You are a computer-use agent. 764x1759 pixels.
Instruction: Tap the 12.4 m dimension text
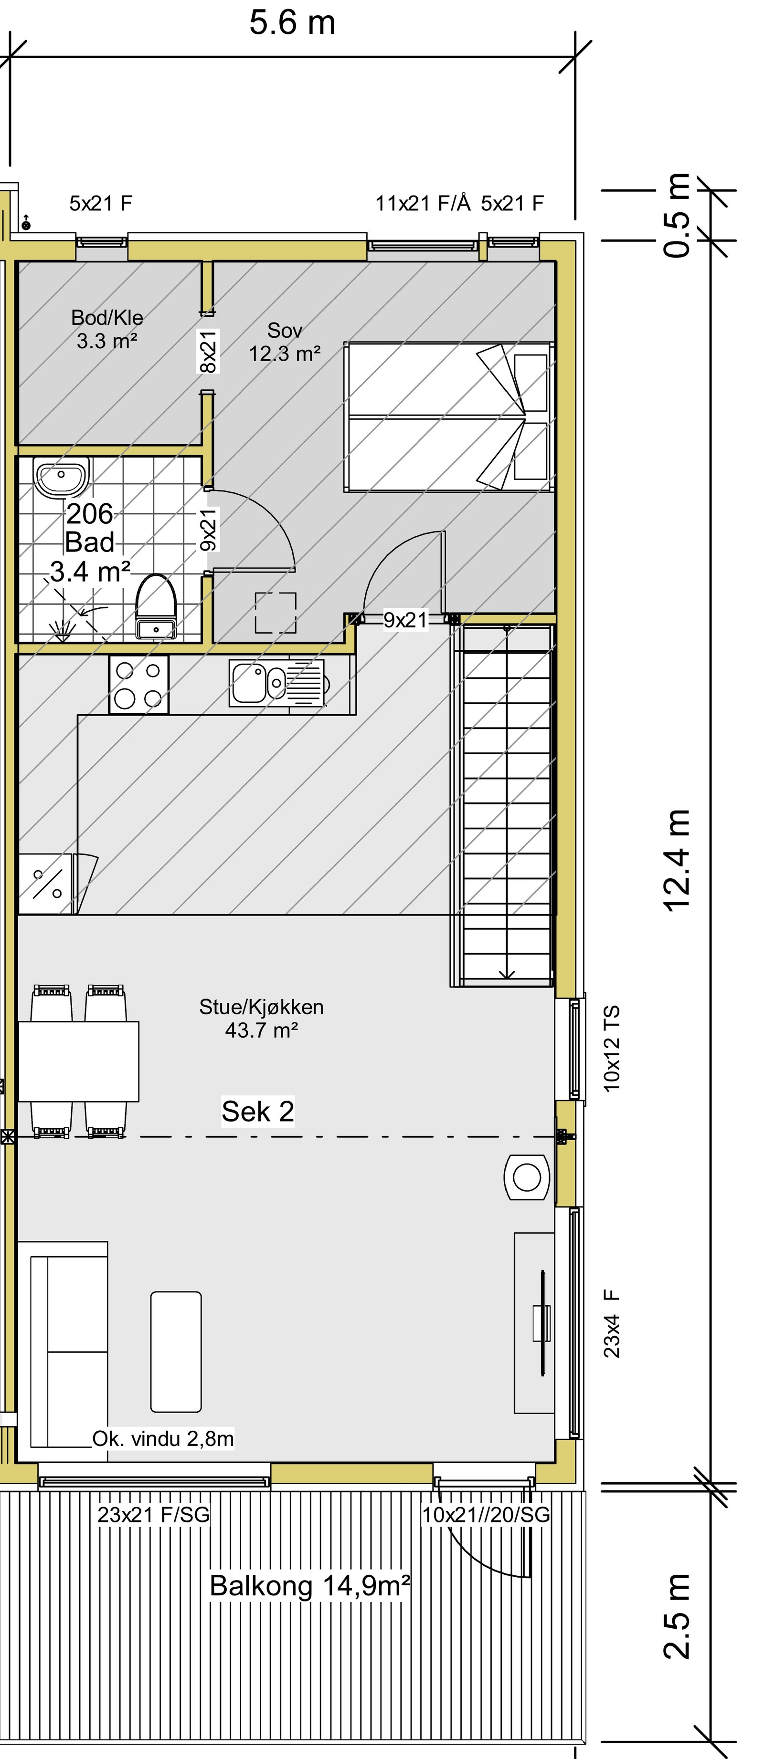coord(677,860)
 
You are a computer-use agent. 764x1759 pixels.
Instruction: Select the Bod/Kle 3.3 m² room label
coord(107,329)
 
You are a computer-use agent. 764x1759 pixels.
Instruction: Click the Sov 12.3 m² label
coord(284,342)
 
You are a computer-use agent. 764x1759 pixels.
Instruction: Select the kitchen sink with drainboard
coord(277,683)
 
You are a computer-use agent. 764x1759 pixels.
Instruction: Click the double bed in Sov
coord(447,416)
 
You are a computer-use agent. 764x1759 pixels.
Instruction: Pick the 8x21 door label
coord(208,352)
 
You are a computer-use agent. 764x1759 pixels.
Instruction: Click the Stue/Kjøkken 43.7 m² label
coord(261,1018)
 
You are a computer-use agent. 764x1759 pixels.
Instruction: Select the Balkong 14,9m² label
coord(309,1585)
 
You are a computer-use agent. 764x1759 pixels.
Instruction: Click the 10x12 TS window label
coord(612,1048)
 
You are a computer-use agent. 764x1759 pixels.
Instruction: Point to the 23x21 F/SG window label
coord(153,1515)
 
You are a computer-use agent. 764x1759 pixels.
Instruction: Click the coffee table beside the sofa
coord(176,1352)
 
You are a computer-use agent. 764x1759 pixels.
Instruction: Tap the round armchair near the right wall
coord(526,1176)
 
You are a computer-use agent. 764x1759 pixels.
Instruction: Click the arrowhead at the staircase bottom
coord(506,974)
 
